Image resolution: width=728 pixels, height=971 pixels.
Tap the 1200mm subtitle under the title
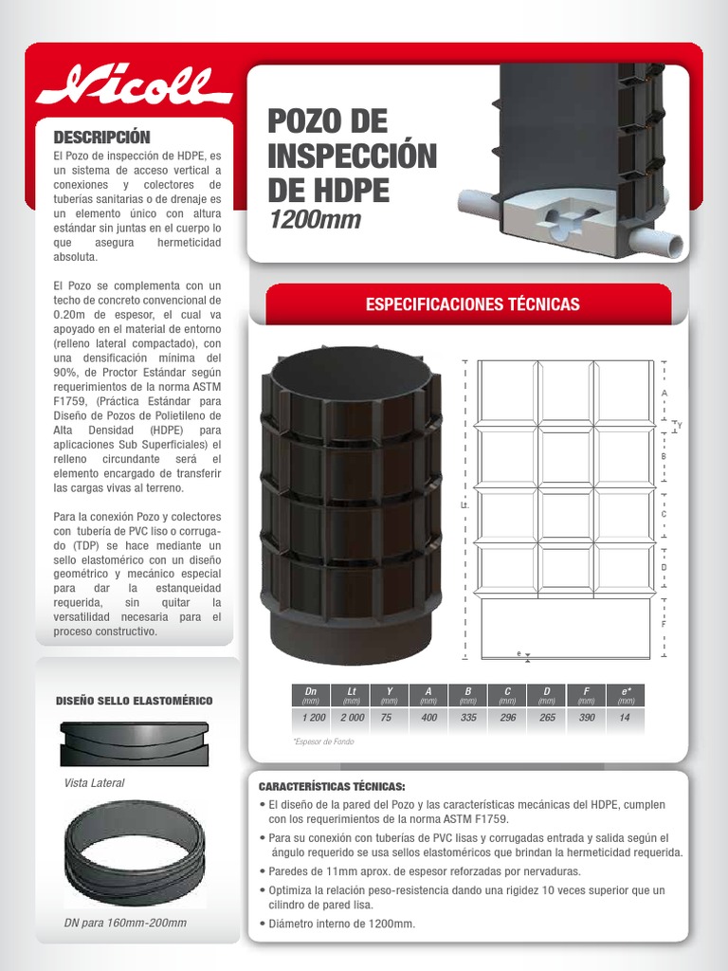316,221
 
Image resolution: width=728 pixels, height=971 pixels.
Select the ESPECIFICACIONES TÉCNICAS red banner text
472,304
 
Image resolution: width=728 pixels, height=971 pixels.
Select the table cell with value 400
429,718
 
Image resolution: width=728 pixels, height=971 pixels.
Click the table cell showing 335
468,718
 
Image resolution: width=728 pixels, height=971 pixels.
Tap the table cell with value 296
508,718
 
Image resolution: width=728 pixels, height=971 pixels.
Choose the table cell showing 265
547,718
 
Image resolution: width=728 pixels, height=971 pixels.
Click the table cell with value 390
587,718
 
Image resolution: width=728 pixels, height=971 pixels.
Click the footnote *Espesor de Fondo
323,742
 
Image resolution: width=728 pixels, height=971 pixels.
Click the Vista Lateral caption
94,783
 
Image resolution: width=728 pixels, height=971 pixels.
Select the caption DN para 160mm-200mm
124,923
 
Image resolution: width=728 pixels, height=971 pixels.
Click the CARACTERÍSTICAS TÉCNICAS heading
331,787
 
